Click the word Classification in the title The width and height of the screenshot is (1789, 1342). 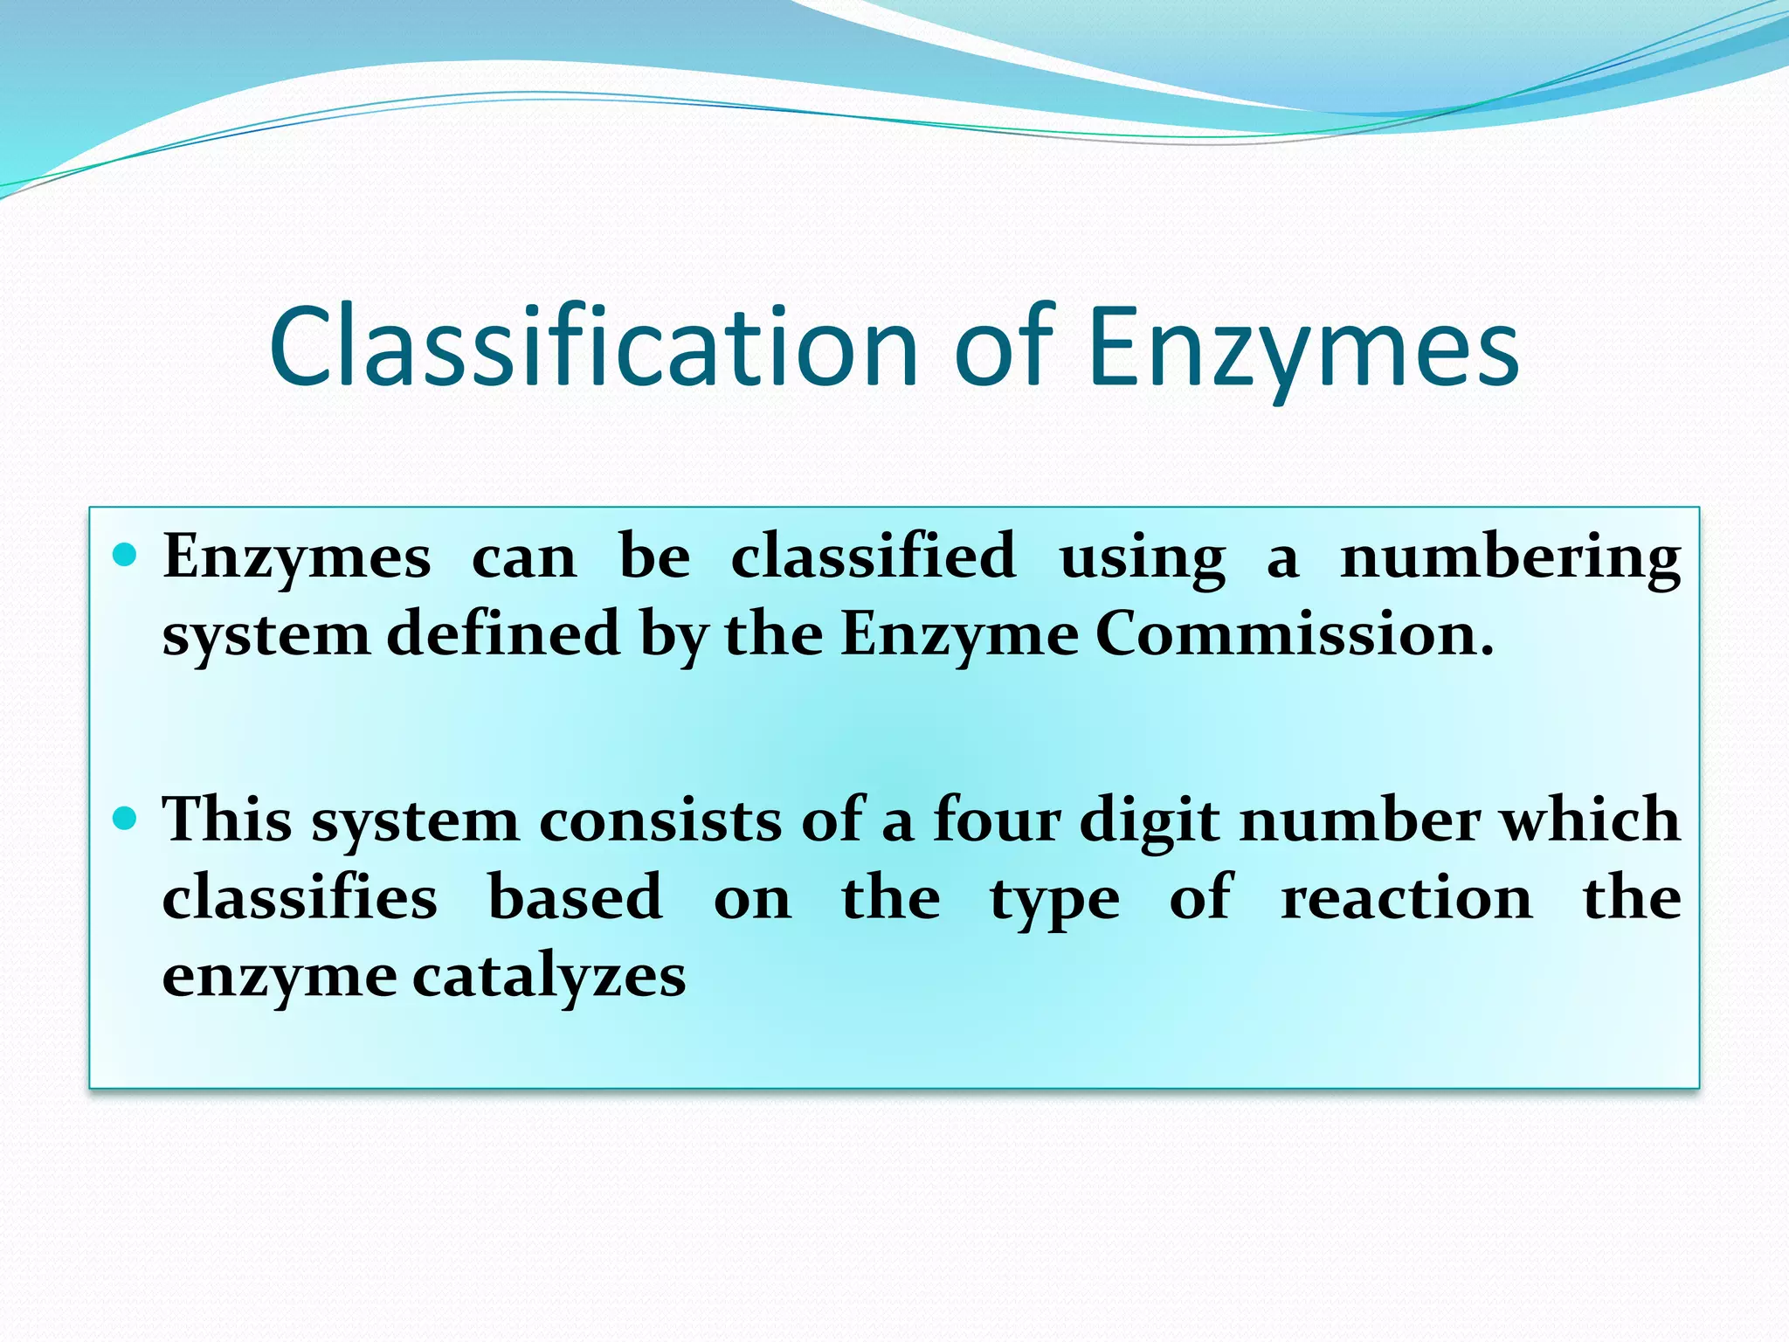594,347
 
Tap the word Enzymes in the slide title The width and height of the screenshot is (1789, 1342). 1303,349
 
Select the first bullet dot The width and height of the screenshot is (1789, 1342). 126,555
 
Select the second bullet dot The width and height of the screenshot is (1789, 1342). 126,819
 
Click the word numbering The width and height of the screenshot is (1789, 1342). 1510,558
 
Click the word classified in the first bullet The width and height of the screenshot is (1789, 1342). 874,557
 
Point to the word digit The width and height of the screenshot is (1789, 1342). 1150,822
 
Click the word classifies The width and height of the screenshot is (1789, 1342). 300,897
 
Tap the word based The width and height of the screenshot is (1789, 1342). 575,897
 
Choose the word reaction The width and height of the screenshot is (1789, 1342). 1406,899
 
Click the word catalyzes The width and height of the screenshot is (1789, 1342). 549,978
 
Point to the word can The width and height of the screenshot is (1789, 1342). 524,558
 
